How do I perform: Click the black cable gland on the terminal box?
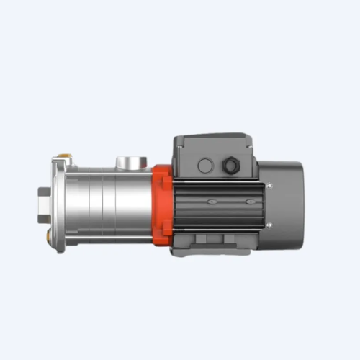point(232,166)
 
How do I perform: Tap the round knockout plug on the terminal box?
point(205,166)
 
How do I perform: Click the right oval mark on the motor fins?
point(248,202)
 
